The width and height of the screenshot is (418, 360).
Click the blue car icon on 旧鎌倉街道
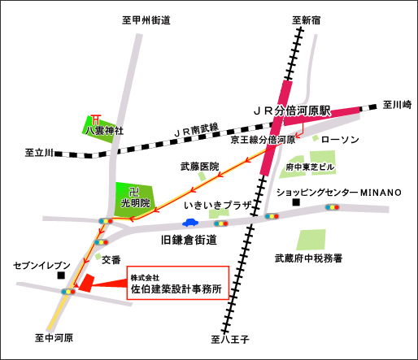pos(190,223)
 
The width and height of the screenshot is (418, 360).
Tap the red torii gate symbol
pos(96,119)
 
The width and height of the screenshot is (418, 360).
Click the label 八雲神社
pos(104,131)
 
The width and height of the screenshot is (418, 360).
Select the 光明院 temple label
pos(135,202)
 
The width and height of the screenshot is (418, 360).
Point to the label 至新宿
pos(307,20)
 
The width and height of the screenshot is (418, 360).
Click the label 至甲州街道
pos(146,20)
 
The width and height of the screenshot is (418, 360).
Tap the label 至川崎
pos(397,105)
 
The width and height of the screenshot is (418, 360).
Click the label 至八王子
pos(230,339)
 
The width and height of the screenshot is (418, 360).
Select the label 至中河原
pos(54,338)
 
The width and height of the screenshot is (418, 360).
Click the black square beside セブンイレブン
pos(61,275)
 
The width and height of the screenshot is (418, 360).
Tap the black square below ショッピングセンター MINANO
pos(296,202)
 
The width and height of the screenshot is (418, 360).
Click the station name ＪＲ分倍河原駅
pos(292,111)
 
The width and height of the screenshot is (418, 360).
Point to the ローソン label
pos(340,140)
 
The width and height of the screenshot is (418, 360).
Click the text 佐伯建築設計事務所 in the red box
pos(176,289)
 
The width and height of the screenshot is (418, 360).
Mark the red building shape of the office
pos(86,283)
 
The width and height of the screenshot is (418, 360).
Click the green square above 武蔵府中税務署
pos(311,240)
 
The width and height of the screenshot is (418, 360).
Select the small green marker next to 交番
pos(98,256)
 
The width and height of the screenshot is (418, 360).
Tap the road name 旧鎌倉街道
pos(189,240)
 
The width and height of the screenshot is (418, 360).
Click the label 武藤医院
pos(200,167)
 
